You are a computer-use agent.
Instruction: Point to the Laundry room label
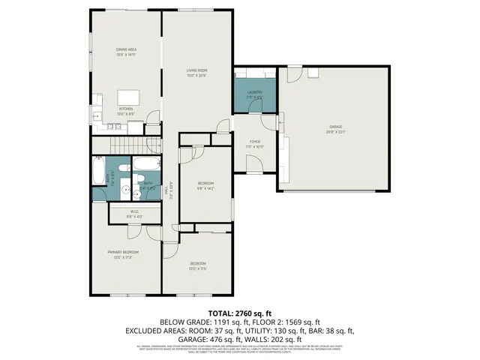click(x=255, y=94)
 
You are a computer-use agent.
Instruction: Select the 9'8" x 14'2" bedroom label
click(x=205, y=185)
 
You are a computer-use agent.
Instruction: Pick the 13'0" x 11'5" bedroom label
click(x=198, y=265)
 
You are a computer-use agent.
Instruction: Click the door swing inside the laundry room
click(x=270, y=77)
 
